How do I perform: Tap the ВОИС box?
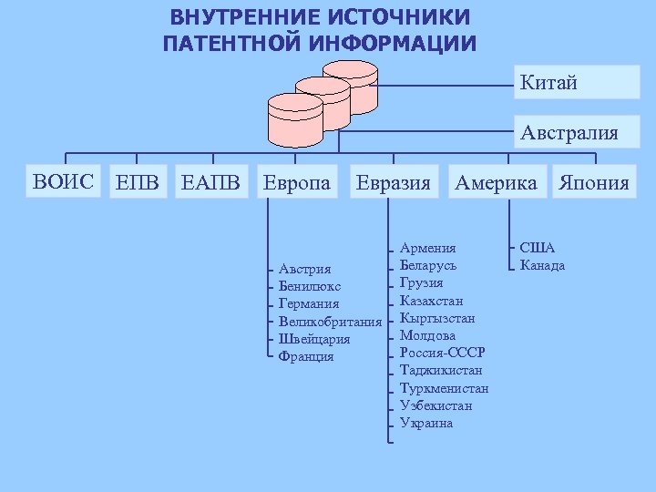click(63, 182)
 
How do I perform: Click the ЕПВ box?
click(138, 183)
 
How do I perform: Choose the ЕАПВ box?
click(211, 183)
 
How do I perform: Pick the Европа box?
click(297, 183)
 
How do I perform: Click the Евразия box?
click(393, 183)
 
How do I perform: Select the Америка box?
click(497, 183)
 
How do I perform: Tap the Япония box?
click(594, 183)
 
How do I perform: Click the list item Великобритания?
click(330, 322)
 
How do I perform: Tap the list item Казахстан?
click(431, 301)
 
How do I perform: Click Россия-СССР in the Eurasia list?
click(442, 353)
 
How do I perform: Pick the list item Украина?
click(425, 423)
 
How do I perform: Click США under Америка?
click(537, 248)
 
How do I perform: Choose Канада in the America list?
click(542, 265)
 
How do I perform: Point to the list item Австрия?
click(304, 269)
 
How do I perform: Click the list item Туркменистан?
click(444, 388)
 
